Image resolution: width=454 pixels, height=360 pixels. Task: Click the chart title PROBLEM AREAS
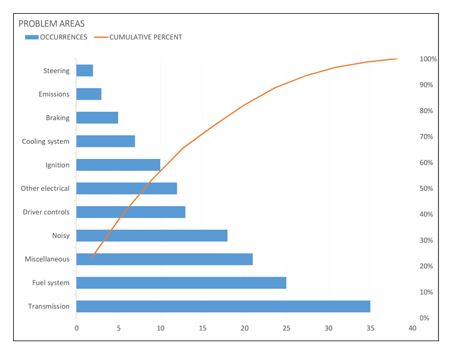[52, 24]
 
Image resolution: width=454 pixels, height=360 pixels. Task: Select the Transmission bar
[223, 307]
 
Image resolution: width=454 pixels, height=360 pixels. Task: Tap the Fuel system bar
[181, 283]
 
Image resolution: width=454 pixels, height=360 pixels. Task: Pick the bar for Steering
[85, 71]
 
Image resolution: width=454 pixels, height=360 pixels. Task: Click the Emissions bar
[89, 94]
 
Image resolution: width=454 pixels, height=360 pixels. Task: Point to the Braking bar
[97, 118]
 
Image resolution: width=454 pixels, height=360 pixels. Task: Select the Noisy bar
[152, 236]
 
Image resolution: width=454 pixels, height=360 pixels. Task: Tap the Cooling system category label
[45, 141]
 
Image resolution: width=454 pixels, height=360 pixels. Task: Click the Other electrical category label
[45, 188]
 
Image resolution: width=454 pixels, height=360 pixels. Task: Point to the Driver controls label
[46, 212]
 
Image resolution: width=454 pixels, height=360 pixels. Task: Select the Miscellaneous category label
[47, 259]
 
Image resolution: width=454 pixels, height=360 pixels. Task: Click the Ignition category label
[57, 165]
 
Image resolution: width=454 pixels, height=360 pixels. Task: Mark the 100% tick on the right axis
[428, 59]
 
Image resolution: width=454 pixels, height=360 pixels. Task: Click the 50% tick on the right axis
[426, 188]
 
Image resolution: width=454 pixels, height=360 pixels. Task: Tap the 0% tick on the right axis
[424, 318]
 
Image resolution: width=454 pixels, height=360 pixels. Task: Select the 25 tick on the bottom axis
[286, 328]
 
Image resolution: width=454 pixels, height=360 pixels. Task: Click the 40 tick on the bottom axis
[412, 328]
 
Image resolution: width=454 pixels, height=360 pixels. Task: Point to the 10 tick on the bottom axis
[160, 328]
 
